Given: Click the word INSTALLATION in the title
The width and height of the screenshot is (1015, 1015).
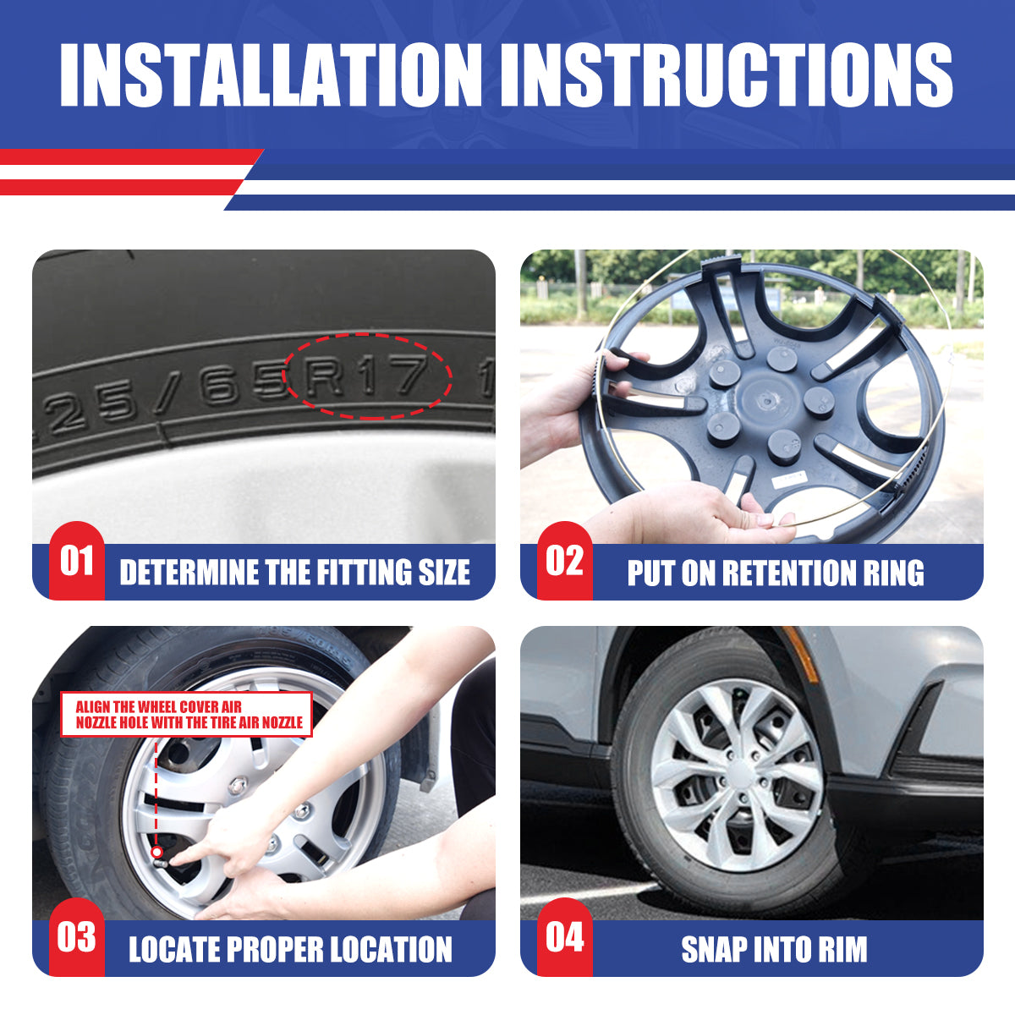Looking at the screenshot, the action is click(x=270, y=74).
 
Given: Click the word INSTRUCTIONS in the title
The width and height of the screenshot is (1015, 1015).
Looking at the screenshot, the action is click(x=727, y=74).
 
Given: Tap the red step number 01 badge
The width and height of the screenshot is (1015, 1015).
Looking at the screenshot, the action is click(x=77, y=561).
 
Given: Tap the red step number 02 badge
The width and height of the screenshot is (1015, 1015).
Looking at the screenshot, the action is click(x=565, y=561).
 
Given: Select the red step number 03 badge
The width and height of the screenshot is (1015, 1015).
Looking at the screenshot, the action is click(x=77, y=937).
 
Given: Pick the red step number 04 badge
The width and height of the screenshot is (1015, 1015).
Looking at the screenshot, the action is click(x=565, y=937).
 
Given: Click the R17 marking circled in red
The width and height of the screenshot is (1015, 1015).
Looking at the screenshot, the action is click(x=367, y=375).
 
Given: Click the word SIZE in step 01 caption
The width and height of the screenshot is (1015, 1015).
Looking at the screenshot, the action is click(x=444, y=572).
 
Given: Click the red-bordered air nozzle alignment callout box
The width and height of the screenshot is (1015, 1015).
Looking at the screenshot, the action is click(x=186, y=714).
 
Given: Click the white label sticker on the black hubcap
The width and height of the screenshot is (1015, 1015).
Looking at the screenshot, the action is click(x=789, y=479).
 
